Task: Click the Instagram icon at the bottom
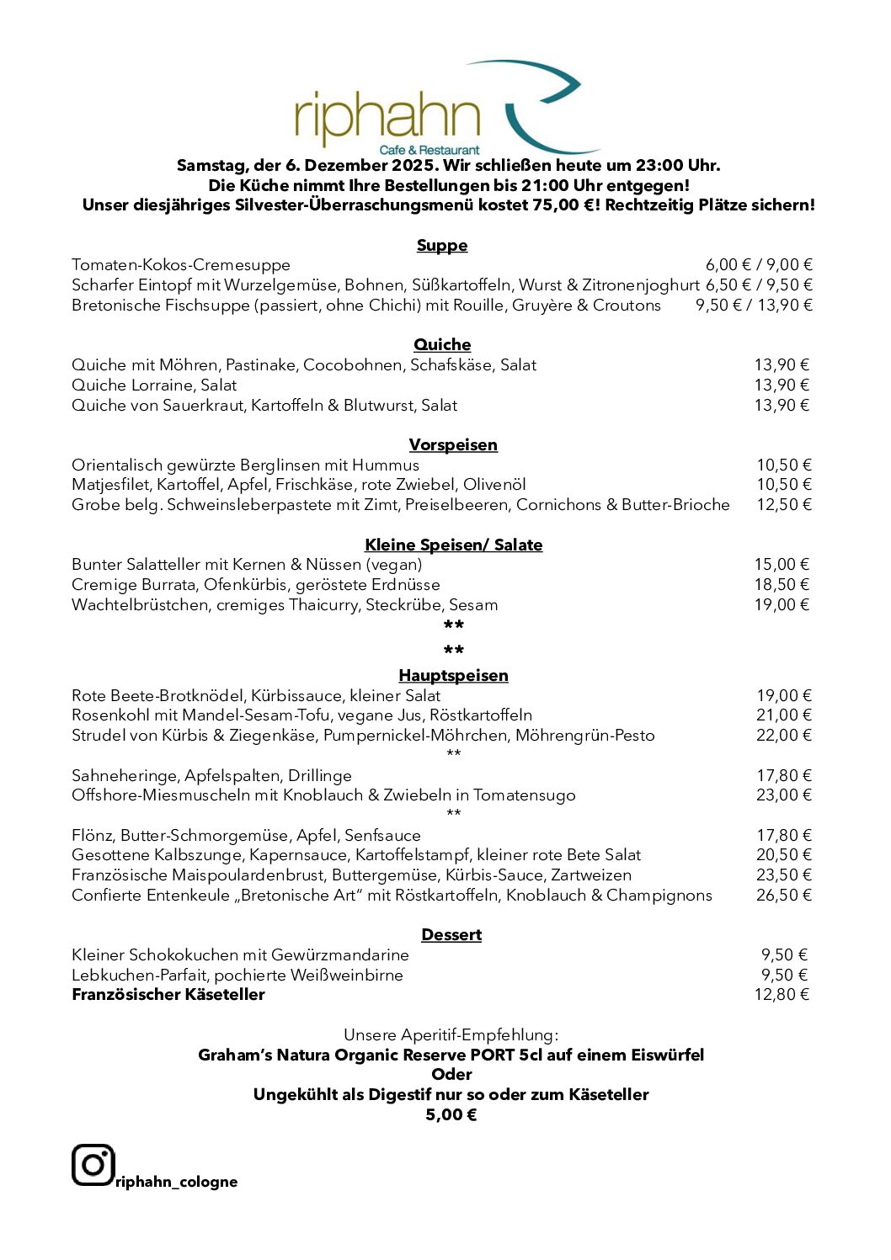coord(93,1165)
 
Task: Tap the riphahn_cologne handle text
coord(177,1182)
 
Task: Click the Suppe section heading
coord(442,245)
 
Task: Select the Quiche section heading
coord(442,344)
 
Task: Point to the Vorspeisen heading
coord(453,444)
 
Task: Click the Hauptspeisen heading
coord(453,675)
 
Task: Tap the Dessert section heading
coord(451,934)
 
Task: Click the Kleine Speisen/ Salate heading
coord(453,545)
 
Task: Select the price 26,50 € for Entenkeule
coord(783,895)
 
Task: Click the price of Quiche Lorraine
coord(782,385)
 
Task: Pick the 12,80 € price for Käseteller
coord(782,994)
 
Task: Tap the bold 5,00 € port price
coord(451,1114)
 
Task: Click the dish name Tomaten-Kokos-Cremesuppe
coord(181,265)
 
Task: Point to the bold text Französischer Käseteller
coord(168,994)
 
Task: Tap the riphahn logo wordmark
coord(387,118)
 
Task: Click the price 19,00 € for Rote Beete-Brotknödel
coord(783,695)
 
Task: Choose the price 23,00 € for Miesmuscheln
coord(783,795)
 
